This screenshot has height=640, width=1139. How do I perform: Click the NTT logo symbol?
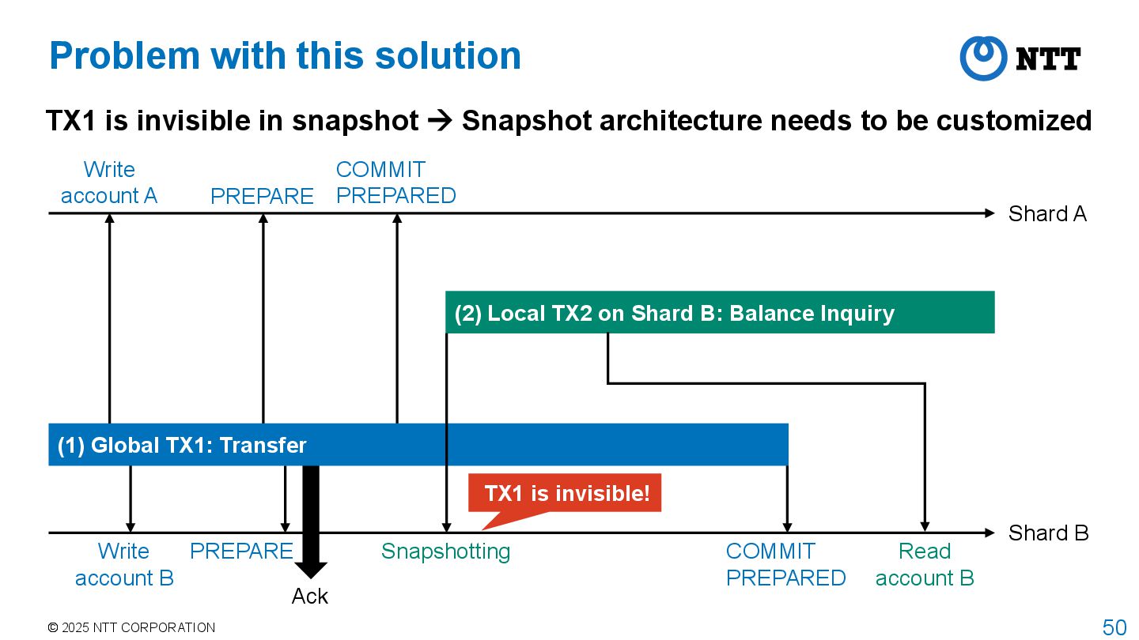(x=983, y=58)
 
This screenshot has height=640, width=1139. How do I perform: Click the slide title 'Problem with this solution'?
(x=285, y=56)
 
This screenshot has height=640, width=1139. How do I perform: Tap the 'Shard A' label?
(x=1046, y=214)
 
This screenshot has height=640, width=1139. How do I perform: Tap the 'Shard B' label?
(x=1048, y=533)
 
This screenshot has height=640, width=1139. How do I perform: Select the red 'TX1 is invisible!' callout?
(x=566, y=494)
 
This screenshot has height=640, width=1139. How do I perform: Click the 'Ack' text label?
(x=309, y=596)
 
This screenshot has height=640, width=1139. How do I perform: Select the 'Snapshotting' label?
(x=445, y=552)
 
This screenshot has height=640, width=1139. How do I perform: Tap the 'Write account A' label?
(x=109, y=183)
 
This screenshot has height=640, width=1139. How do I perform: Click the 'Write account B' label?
(x=124, y=564)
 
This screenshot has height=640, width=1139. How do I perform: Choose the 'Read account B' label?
(x=924, y=564)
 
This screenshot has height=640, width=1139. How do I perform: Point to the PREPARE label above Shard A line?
(x=262, y=196)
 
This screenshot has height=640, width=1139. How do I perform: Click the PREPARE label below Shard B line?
(x=241, y=552)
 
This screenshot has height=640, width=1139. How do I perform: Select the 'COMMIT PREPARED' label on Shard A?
(x=395, y=183)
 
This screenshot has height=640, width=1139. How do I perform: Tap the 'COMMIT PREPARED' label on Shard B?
(x=785, y=564)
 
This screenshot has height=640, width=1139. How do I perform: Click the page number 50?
(x=1114, y=627)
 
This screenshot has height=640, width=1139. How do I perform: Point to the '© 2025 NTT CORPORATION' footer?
(x=131, y=627)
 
